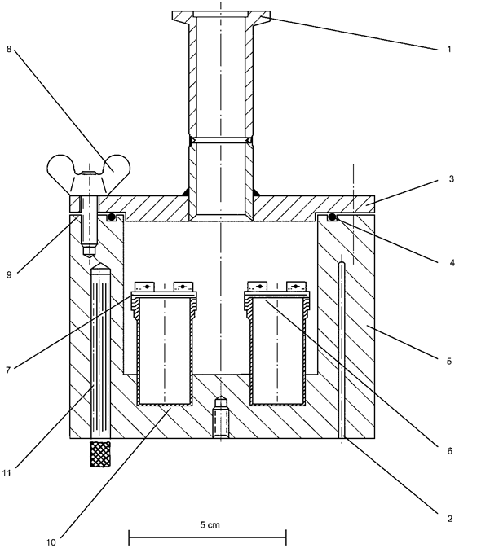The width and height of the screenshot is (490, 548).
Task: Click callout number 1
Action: pos(449,50)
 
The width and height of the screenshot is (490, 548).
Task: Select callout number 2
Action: pos(450,519)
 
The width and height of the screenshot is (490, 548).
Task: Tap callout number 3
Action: pos(452,179)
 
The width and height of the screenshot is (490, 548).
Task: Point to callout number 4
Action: pos(452,263)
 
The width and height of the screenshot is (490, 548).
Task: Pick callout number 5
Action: pos(449,361)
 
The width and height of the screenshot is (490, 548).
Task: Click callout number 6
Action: pos(450,451)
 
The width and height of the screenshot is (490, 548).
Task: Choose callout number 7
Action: pos(8,370)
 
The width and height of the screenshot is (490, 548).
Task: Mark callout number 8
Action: pos(9,49)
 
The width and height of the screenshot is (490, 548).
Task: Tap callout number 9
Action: pos(9,275)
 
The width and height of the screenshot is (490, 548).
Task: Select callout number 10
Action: pos(51,542)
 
